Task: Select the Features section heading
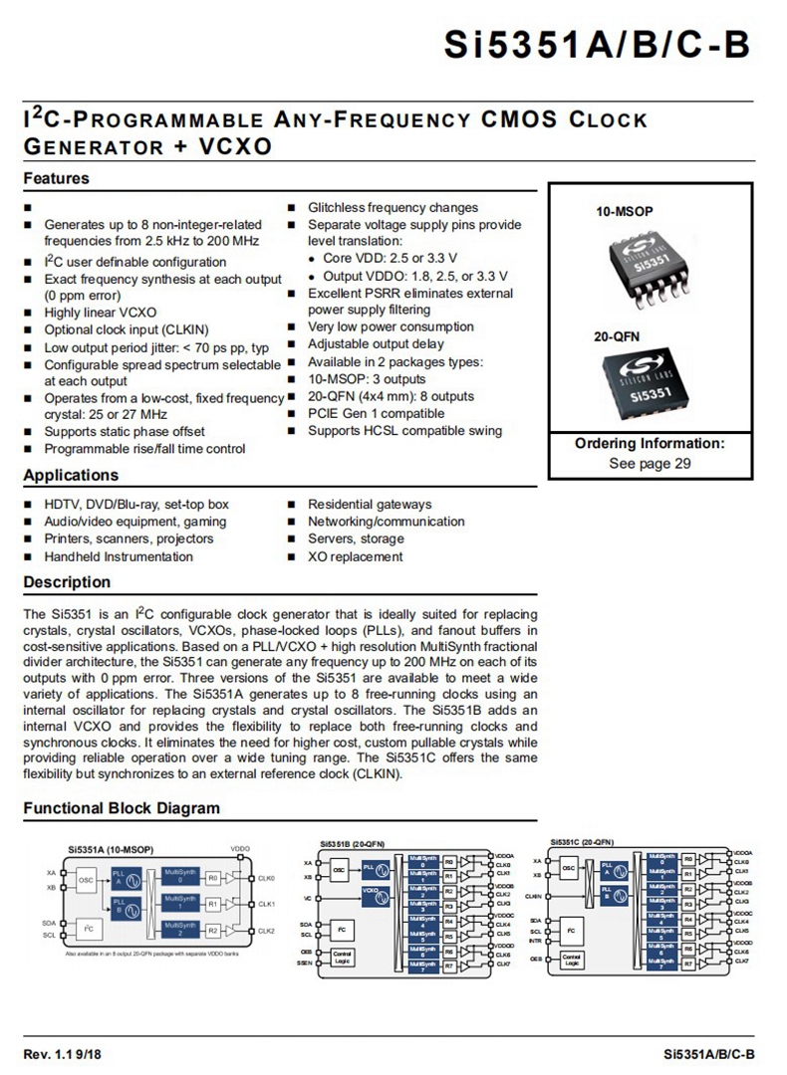(56, 179)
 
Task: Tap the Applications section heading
(71, 475)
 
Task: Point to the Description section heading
(67, 582)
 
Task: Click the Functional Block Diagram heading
(122, 808)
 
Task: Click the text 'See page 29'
(650, 463)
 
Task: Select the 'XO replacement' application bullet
(355, 556)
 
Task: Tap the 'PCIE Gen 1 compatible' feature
(376, 413)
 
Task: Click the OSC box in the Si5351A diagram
(87, 879)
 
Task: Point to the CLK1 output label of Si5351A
(266, 905)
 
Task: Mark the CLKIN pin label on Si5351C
(535, 896)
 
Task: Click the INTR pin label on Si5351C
(536, 940)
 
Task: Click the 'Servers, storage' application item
(356, 538)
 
